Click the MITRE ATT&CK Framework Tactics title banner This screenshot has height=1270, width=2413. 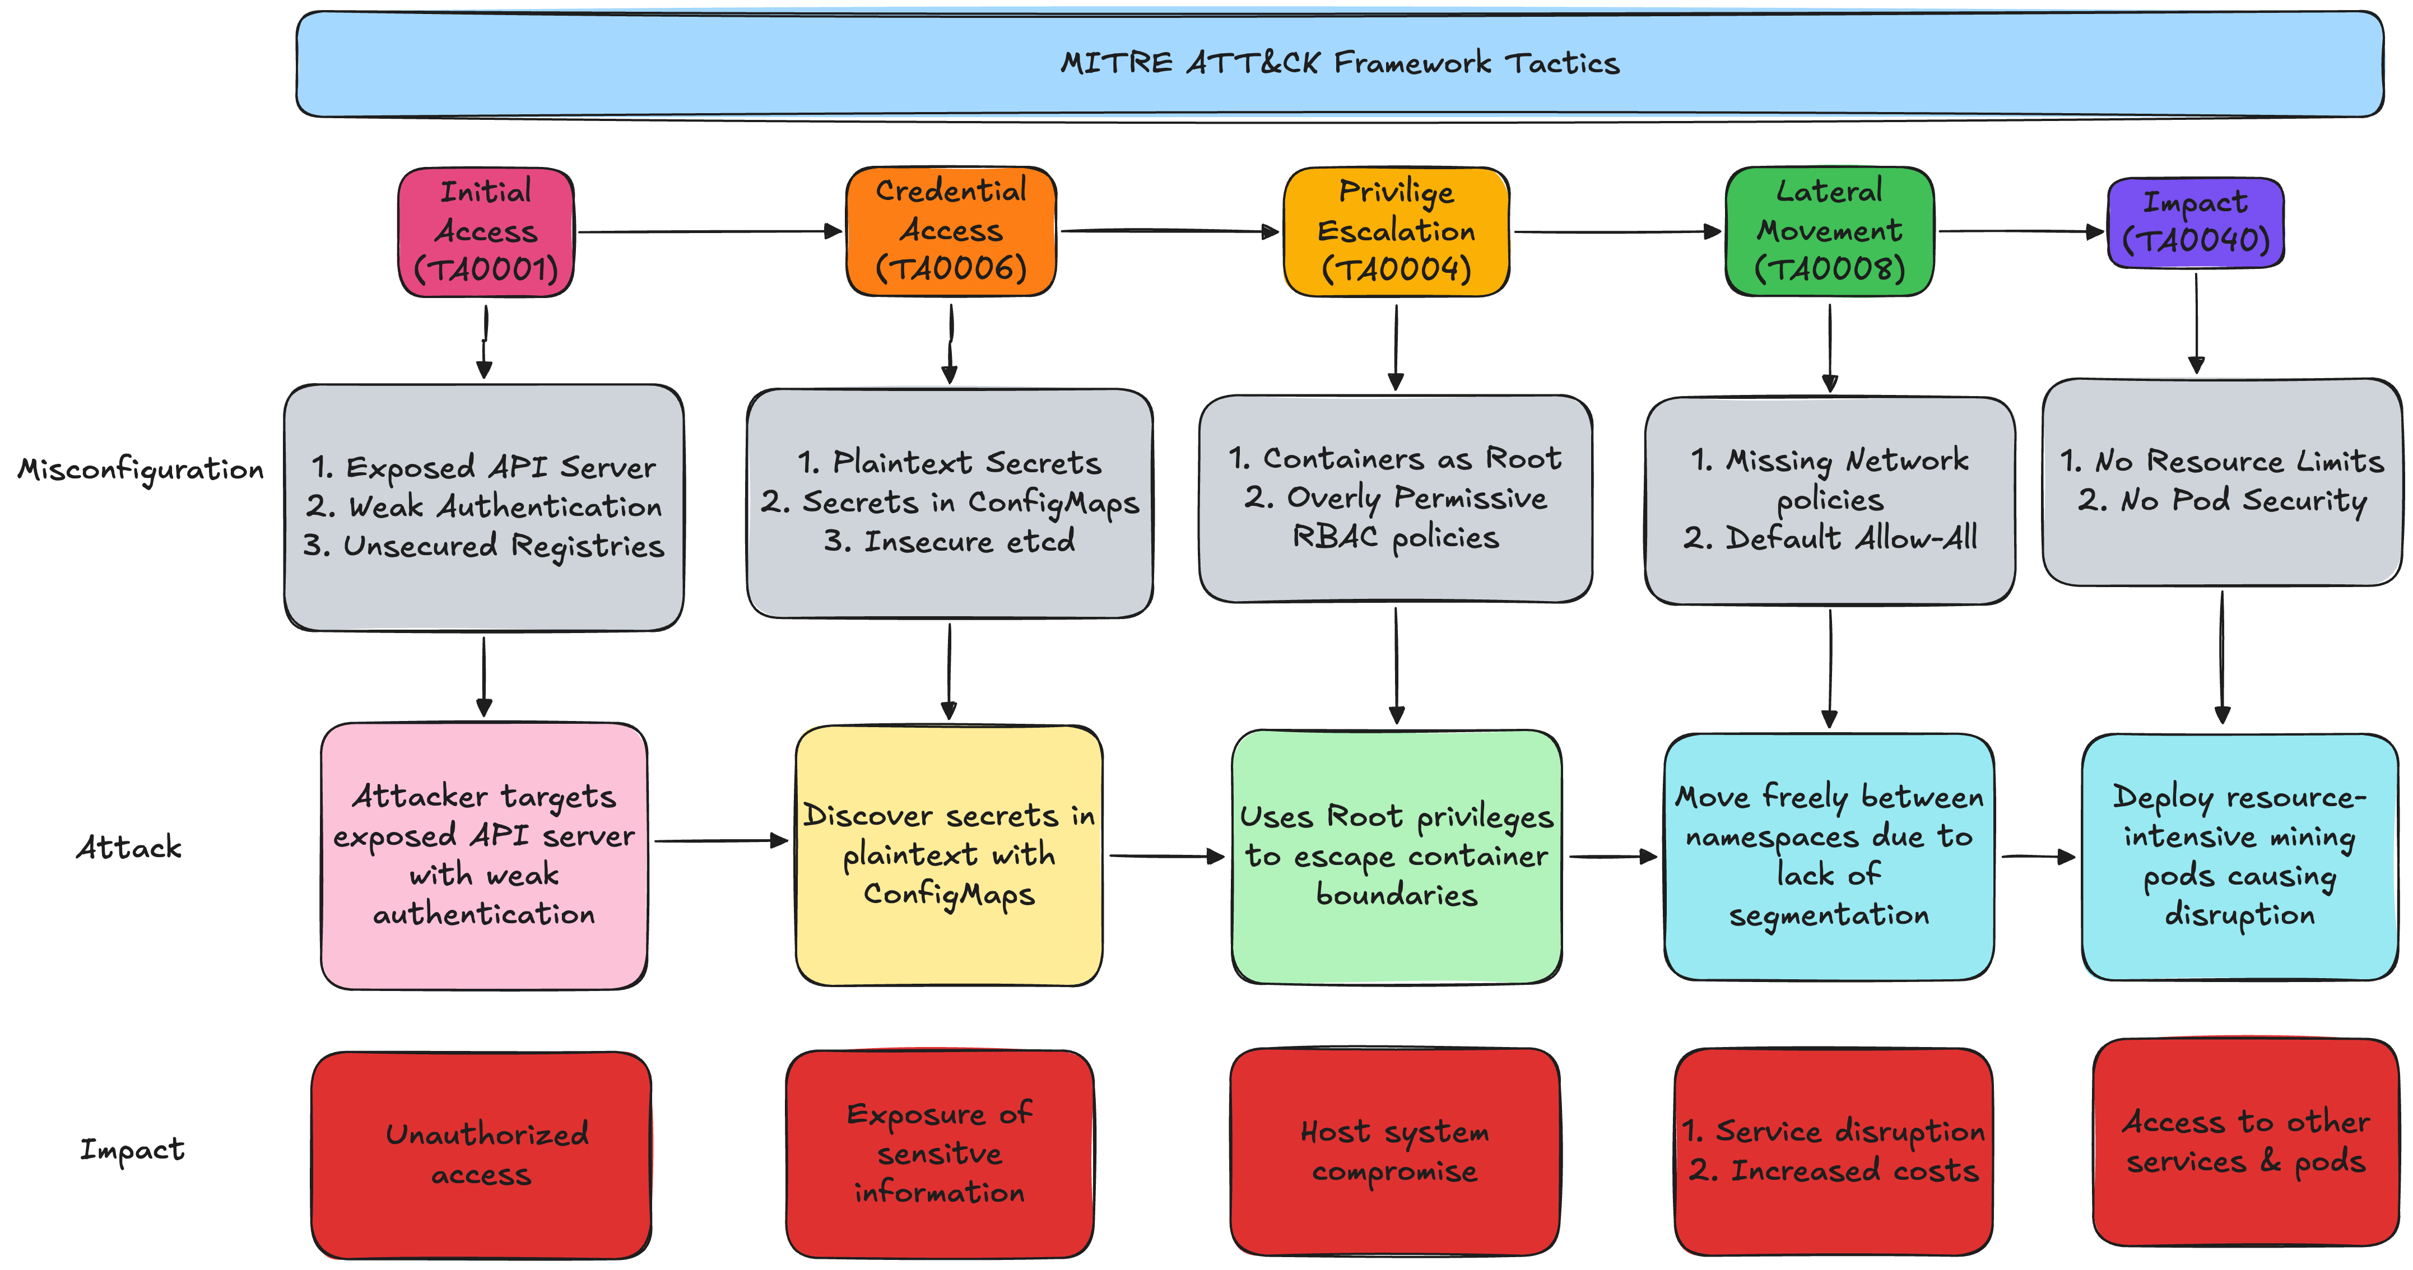tap(1340, 64)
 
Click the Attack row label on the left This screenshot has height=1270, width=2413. tap(129, 848)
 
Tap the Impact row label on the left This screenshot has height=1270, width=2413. tap(132, 1149)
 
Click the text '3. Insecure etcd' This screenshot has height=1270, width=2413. tap(949, 541)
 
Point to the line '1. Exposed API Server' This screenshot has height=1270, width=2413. tap(483, 467)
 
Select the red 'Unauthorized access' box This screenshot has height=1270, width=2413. tap(481, 1155)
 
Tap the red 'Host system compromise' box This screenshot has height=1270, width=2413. tap(1395, 1151)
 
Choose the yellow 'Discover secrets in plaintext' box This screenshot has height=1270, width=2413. tap(949, 855)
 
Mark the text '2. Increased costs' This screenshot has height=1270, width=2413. tap(1833, 1171)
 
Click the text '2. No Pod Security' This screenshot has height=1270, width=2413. tap(2222, 501)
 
